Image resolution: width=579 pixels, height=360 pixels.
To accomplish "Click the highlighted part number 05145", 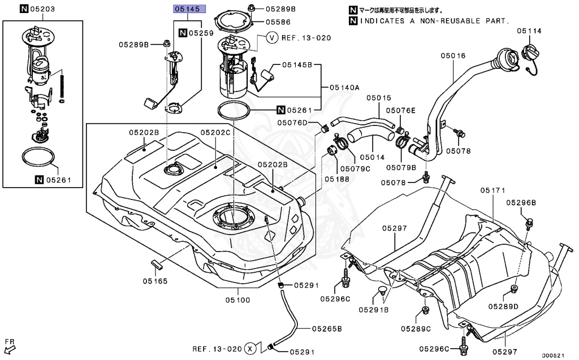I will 189,9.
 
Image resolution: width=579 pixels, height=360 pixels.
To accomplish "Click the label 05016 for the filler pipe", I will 453,56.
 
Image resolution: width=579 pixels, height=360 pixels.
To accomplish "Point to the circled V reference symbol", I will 272,38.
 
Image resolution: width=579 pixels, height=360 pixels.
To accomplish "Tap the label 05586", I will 278,22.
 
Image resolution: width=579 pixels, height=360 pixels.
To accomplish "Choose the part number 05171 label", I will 492,190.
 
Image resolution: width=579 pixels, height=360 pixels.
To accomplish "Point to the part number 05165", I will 154,280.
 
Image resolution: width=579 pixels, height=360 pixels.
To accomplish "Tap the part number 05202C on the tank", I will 215,132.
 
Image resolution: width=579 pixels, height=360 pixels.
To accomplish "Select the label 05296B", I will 521,202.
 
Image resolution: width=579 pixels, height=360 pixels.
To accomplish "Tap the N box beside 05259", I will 183,33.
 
